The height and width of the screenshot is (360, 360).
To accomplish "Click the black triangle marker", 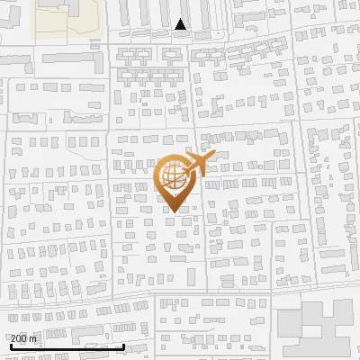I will click(x=181, y=25).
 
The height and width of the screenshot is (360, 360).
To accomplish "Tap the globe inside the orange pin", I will click(x=173, y=176).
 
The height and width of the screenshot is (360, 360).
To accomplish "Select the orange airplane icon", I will click(x=198, y=163).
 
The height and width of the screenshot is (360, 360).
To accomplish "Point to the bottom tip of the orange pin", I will click(x=173, y=212).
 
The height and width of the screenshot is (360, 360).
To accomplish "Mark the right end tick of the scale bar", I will click(x=123, y=344).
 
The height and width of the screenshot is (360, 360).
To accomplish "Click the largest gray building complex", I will click(x=315, y=329).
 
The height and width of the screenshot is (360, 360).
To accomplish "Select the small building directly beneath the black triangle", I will click(x=181, y=37).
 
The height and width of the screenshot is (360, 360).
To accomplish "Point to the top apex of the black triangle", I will click(x=181, y=19).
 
